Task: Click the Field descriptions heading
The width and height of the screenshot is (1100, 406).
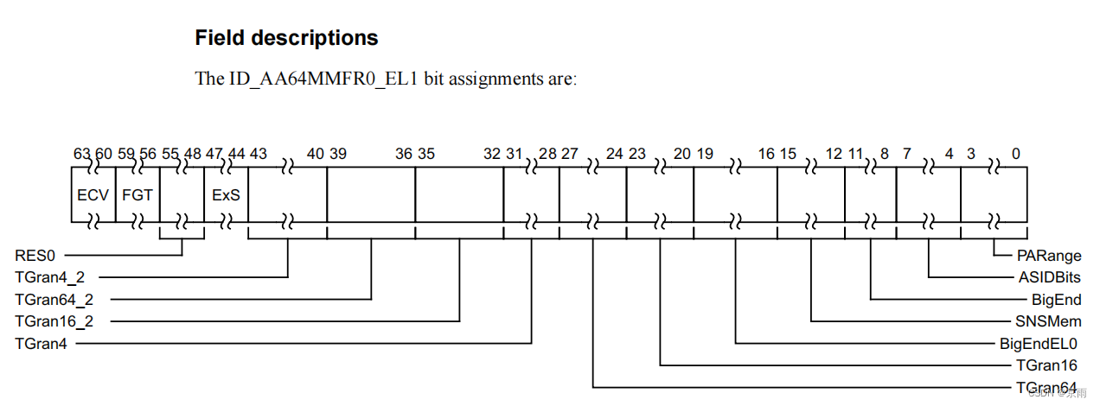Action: pyautogui.click(x=286, y=38)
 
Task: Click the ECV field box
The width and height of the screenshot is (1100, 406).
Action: pyautogui.click(x=93, y=195)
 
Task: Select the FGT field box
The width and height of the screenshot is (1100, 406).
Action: pyautogui.click(x=137, y=195)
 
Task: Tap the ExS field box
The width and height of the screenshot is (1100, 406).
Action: pyautogui.click(x=226, y=195)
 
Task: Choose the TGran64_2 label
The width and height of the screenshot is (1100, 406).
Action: pyautogui.click(x=54, y=300)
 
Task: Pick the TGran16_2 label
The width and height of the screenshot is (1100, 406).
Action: pyautogui.click(x=54, y=321)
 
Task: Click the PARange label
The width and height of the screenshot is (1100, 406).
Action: pyautogui.click(x=1049, y=257)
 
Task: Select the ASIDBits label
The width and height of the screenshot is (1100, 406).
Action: pyautogui.click(x=1049, y=278)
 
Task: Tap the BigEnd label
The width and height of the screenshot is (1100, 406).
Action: pyautogui.click(x=1057, y=300)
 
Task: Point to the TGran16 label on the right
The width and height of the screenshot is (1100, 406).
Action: pyautogui.click(x=1046, y=365)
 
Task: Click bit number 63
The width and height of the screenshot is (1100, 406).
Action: pyautogui.click(x=80, y=154)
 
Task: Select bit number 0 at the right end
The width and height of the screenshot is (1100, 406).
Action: pyautogui.click(x=1015, y=154)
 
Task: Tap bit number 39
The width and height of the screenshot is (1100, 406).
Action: pyautogui.click(x=338, y=154)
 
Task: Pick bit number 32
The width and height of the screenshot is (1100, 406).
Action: pyautogui.click(x=492, y=154)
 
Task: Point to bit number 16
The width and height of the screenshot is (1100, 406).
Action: pyautogui.click(x=766, y=154)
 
